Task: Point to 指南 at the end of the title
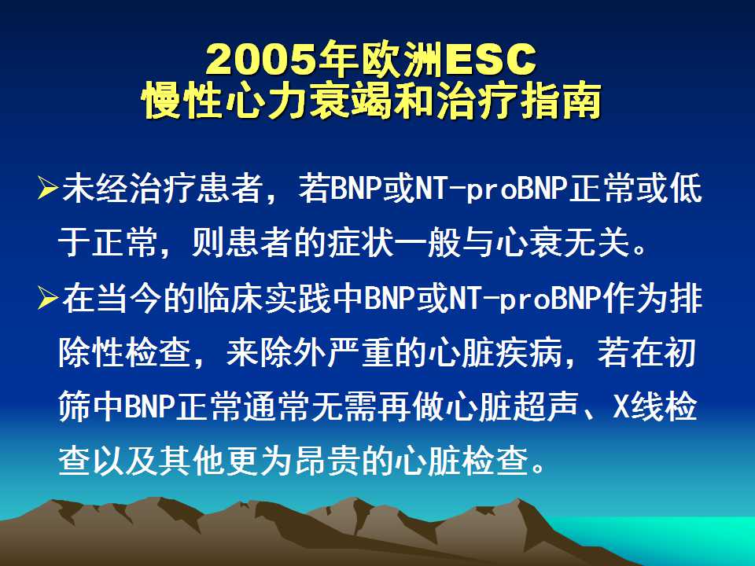[562, 101]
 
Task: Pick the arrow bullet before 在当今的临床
[48, 299]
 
